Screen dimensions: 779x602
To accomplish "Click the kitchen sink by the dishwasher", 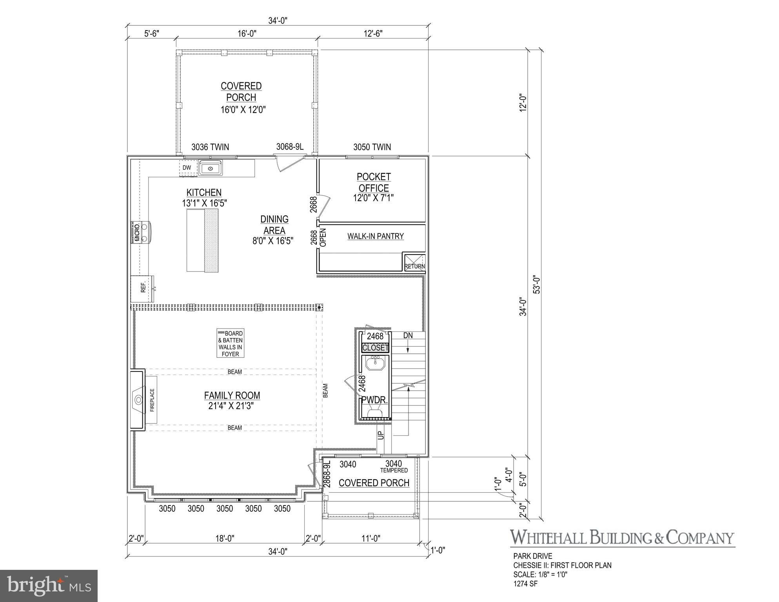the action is pos(211,168).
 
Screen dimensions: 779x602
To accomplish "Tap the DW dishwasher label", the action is pos(187,168).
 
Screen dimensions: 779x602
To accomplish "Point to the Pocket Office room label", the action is pos(374,182).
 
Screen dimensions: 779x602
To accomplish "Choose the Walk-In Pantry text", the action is pos(376,236).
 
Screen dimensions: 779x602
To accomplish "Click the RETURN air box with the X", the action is pos(414,262).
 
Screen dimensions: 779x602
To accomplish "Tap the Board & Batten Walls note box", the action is pos(231,343).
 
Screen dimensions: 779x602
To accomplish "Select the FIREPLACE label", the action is pos(152,400).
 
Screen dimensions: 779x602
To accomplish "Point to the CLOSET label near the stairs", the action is pos(375,348).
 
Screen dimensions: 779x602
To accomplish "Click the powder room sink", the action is pos(376,363).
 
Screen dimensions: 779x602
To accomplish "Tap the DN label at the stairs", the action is pos(408,335).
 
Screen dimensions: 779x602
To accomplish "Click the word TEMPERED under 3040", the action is pos(394,470).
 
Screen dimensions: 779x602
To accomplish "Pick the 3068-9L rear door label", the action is pos(290,147).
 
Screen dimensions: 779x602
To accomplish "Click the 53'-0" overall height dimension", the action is pos(537,285).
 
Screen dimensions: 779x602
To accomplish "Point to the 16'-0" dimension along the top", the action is pos(247,34).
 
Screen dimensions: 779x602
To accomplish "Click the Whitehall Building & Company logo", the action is pos(622,537).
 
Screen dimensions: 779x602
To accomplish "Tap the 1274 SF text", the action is pos(525,584).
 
